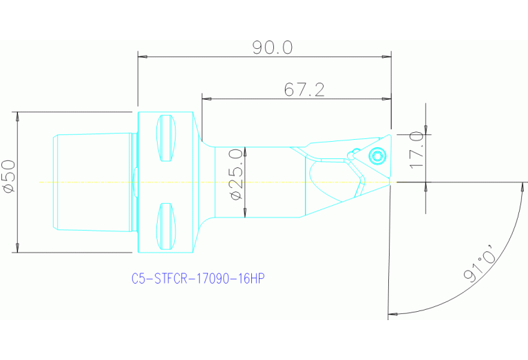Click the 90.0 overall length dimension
[x=273, y=47]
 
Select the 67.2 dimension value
[x=304, y=89]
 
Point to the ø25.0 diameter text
[x=235, y=174]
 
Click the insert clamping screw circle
[x=377, y=156]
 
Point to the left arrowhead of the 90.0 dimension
[x=142, y=56]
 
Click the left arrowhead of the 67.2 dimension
[x=206, y=98]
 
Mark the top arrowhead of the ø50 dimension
[x=17, y=116]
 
